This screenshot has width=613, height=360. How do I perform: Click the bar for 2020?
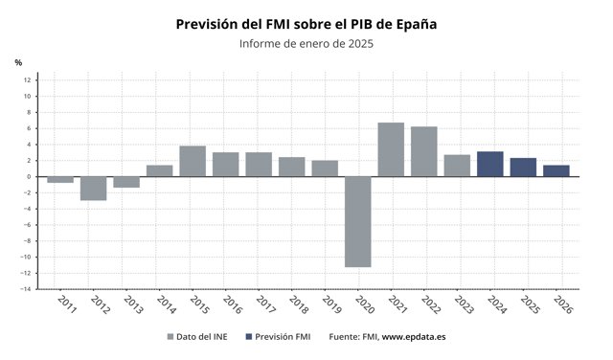click(357, 221)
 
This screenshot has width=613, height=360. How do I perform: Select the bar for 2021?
click(391, 149)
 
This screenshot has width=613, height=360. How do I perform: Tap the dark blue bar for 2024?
click(490, 164)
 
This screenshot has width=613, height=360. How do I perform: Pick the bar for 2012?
click(94, 189)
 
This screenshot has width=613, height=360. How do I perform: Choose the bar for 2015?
click(193, 162)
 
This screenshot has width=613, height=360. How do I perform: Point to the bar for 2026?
click(556, 170)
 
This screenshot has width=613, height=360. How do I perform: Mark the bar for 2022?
click(424, 151)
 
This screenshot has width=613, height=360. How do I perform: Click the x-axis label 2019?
click(332, 304)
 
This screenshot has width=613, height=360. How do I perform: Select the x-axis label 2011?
click(67, 304)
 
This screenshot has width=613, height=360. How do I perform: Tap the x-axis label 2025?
click(531, 304)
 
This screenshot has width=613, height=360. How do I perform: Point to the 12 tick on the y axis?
click(27, 80)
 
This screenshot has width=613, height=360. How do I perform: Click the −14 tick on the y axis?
click(26, 289)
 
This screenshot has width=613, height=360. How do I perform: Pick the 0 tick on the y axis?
click(29, 177)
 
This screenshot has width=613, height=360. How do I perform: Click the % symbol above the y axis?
click(18, 62)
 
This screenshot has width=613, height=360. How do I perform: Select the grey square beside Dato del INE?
click(170, 337)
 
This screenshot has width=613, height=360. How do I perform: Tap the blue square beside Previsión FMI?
click(249, 337)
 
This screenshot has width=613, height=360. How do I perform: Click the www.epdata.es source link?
click(414, 337)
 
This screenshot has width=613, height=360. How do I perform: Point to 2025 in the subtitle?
click(361, 43)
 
